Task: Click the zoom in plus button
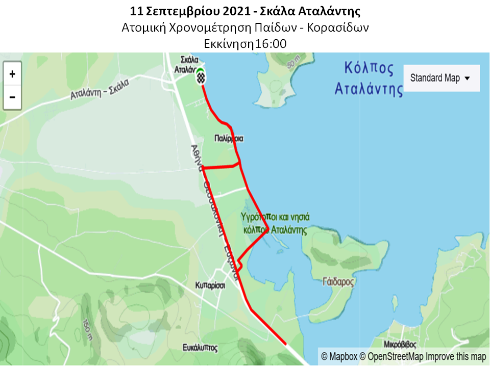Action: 12,74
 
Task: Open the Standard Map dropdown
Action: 441,78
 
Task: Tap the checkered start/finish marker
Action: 201,77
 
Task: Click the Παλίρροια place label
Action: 229,138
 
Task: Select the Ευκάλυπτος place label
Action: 200,348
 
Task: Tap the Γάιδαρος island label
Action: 338,281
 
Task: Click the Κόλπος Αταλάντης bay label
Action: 369,78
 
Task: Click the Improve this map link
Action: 456,357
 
